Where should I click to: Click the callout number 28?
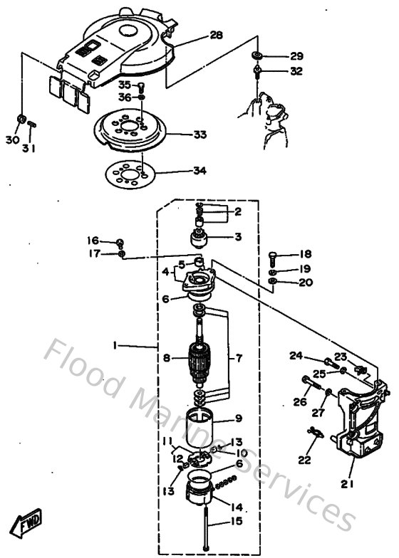click(x=217, y=34)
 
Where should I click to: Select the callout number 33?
click(x=200, y=133)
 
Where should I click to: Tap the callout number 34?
click(x=199, y=172)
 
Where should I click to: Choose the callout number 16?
click(x=94, y=241)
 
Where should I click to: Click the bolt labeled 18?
click(x=275, y=256)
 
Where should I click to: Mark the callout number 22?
click(x=305, y=460)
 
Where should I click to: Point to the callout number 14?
click(x=237, y=507)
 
